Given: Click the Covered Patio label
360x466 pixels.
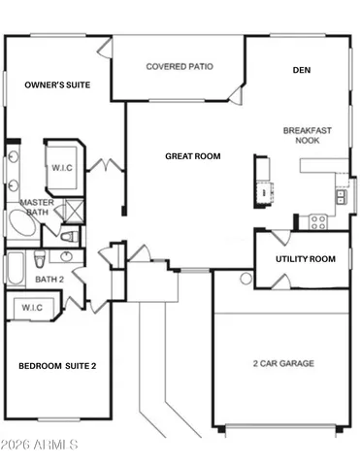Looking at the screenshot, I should pos(180,67).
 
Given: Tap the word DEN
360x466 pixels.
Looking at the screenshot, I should pos(301,70).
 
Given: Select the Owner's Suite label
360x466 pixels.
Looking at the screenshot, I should pos(57,85).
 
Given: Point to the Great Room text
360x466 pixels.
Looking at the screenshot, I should pos(192,155).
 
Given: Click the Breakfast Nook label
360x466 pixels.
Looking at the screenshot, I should pos(302,135).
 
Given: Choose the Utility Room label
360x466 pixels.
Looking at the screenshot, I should pos(305,259).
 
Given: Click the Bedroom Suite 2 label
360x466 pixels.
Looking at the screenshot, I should pos(57,366).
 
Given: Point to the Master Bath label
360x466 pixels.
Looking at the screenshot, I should pos(35,206).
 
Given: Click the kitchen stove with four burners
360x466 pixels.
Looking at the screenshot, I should pos(316,220).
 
